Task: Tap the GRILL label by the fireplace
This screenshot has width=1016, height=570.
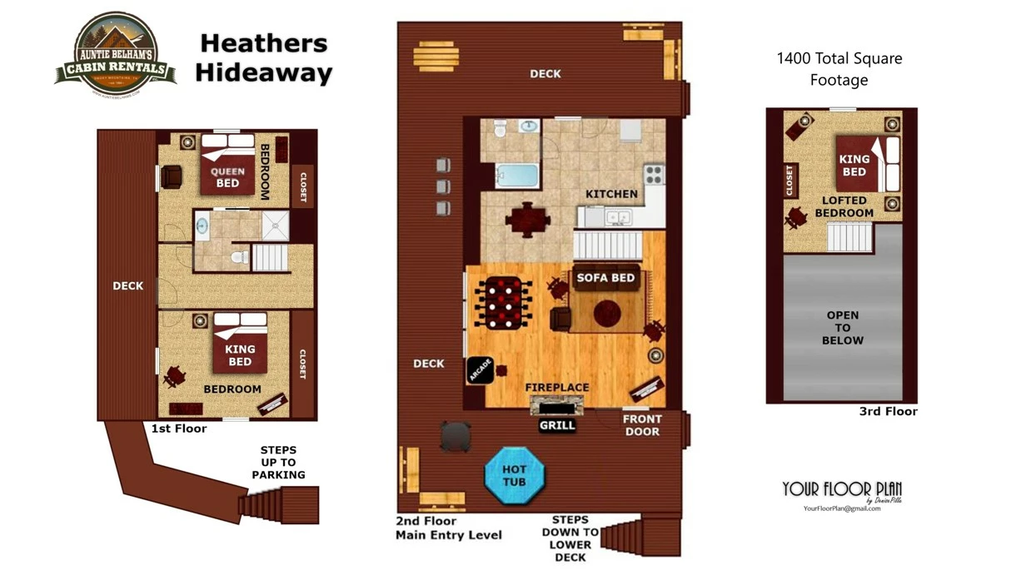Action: (557, 425)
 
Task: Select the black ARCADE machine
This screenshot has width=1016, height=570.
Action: (481, 370)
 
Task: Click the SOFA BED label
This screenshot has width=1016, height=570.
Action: (605, 278)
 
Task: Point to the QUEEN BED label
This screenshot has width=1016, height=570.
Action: (227, 177)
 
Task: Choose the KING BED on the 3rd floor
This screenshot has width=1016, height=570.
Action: (854, 165)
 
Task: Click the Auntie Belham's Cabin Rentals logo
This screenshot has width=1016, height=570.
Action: (116, 55)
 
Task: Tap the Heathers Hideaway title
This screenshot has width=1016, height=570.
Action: (264, 58)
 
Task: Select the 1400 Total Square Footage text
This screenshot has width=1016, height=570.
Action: (839, 69)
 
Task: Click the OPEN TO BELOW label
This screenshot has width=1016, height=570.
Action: (843, 328)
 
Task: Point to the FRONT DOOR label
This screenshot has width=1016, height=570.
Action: (642, 425)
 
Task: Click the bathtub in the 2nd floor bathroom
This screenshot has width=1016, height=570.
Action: (517, 176)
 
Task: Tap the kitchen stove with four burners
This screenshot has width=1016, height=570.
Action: (654, 174)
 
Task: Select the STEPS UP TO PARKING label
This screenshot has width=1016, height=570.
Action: (278, 463)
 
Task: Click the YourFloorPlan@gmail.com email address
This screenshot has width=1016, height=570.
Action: (842, 508)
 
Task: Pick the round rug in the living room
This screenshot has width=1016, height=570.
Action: (606, 313)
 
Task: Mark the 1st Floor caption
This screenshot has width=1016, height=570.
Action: (179, 429)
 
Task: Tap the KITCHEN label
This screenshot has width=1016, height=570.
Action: (611, 194)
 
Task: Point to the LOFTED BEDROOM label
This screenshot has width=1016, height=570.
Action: (844, 206)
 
